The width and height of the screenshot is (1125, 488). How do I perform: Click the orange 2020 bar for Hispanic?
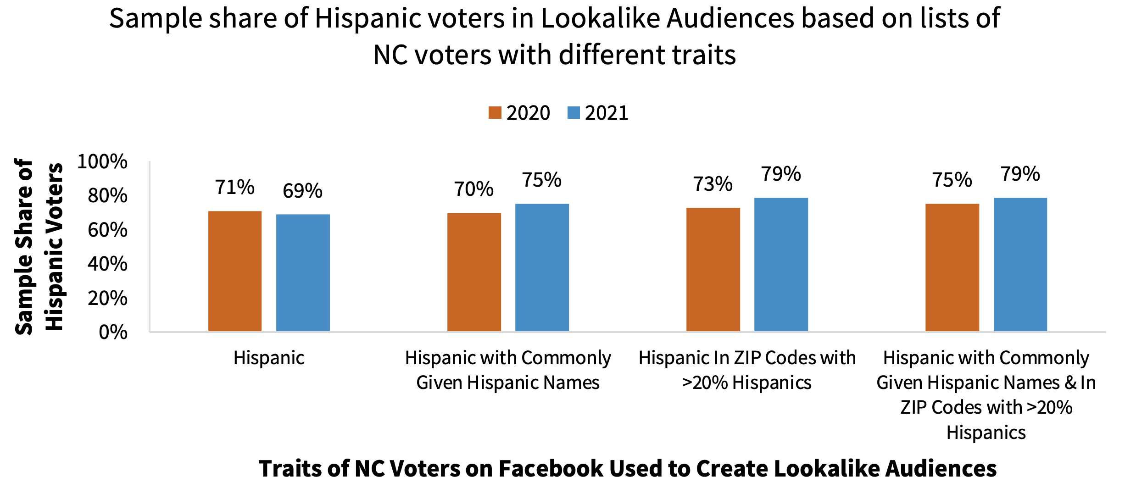click(x=234, y=271)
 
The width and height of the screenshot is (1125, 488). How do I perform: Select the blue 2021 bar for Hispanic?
click(x=303, y=272)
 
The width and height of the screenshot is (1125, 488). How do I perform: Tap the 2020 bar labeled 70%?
click(x=474, y=272)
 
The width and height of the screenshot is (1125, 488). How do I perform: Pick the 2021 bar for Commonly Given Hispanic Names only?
click(x=542, y=267)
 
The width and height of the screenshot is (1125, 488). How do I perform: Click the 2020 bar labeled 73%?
click(x=713, y=269)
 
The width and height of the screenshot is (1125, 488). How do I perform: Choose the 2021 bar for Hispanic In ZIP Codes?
click(x=781, y=264)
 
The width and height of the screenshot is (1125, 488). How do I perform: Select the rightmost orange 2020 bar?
click(x=952, y=267)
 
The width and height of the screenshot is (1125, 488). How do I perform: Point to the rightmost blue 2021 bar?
click(x=1020, y=264)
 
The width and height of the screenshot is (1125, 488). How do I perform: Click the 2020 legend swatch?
click(x=495, y=113)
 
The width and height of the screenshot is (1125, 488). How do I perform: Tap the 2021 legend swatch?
click(x=574, y=113)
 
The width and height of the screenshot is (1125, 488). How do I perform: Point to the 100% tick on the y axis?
click(x=102, y=161)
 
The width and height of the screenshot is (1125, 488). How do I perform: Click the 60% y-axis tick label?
click(x=107, y=230)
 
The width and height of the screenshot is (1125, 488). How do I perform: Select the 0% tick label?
click(x=113, y=332)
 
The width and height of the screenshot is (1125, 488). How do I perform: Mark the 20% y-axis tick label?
click(x=107, y=298)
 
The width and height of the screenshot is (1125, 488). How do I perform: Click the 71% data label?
click(x=234, y=187)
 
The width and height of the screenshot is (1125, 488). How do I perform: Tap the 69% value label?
click(x=302, y=191)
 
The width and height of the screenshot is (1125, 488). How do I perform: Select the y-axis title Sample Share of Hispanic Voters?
click(x=39, y=246)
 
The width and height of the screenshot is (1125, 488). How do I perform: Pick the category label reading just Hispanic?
click(x=269, y=358)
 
